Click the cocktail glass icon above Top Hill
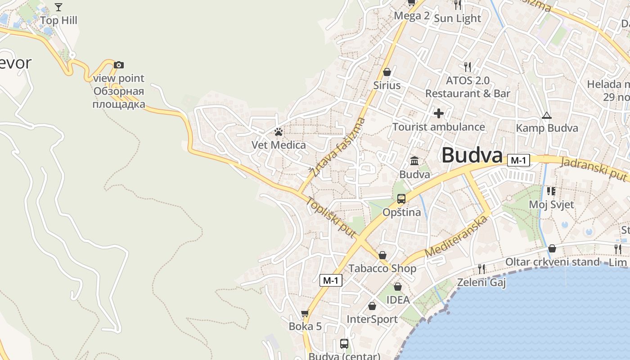[x=58, y=7]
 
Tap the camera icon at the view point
[x=118, y=65]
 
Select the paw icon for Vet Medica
[x=279, y=132]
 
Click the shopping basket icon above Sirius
[x=387, y=72]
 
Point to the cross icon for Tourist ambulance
[x=439, y=113]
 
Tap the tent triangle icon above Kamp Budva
[x=546, y=115]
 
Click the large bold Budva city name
[x=472, y=155]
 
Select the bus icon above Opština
[x=401, y=198]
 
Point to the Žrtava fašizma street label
[x=337, y=147]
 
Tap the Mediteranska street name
[x=456, y=237]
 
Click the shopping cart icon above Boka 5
[x=305, y=313]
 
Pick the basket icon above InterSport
[x=372, y=306]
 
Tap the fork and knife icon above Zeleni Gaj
[x=481, y=269]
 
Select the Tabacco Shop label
[x=382, y=269]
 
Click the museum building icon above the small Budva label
[x=414, y=161]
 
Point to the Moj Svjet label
[x=551, y=205]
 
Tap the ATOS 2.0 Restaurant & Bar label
[x=468, y=87]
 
